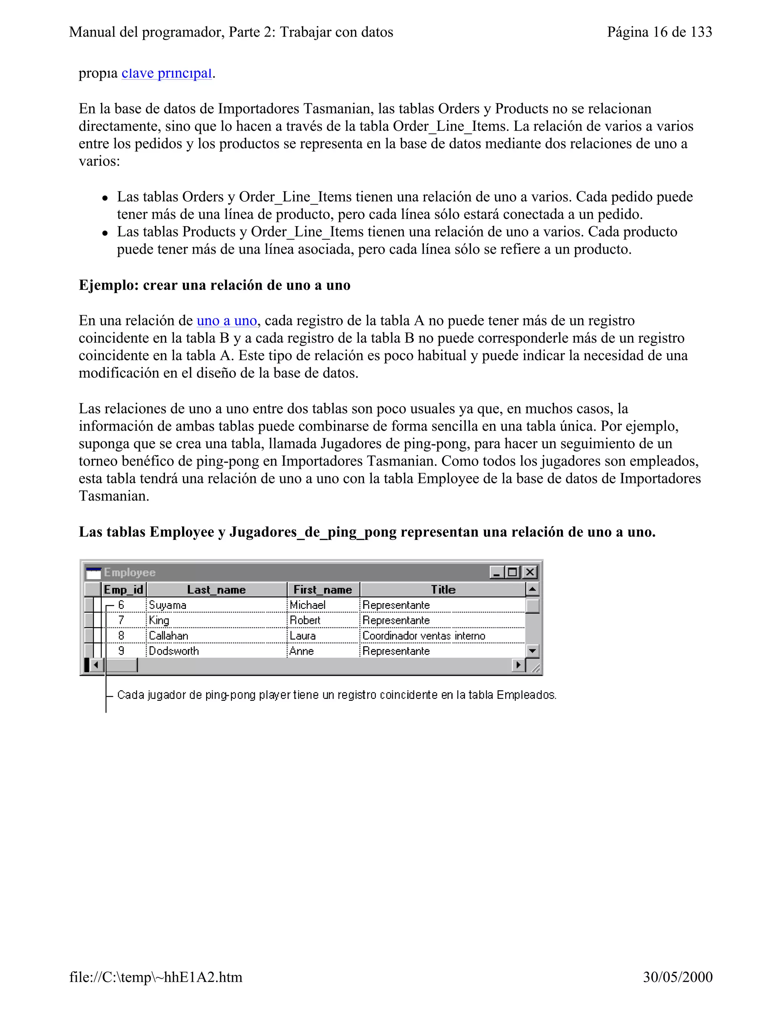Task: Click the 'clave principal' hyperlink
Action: coord(166,73)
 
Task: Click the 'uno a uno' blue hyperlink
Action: coord(226,320)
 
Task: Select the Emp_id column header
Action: coord(123,589)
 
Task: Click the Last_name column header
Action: coord(217,589)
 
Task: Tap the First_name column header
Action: coord(323,589)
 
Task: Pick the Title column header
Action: coord(443,589)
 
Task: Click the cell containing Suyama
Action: coord(167,605)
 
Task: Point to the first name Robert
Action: coord(305,620)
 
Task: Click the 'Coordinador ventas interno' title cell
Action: coord(423,636)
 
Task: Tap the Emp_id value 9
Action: coord(121,651)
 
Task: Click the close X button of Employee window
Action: coord(530,572)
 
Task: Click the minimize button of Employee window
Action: coord(497,572)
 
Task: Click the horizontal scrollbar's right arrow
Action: coord(519,665)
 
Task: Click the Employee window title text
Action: coord(130,573)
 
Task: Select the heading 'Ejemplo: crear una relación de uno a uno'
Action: coord(215,285)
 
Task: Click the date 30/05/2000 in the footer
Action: coord(677,977)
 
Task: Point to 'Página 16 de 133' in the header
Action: coord(659,32)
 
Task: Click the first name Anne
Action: coord(302,651)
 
